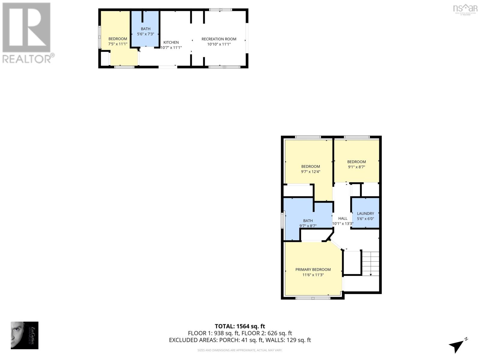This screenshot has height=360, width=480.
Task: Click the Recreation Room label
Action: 219,39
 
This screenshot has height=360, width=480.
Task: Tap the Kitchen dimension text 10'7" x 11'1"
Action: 171,48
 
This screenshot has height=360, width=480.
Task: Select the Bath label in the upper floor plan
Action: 145,29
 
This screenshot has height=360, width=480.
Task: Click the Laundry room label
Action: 365,214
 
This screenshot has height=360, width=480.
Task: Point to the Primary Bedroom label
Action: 313,269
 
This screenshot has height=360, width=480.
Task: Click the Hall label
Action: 343,218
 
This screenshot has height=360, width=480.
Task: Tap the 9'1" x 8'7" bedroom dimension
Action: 356,167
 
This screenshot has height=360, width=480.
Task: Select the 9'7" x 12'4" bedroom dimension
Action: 310,172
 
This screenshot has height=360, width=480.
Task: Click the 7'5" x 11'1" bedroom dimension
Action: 118,44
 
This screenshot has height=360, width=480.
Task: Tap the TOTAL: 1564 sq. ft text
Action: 240,326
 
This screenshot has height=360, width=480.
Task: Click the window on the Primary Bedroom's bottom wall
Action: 313,298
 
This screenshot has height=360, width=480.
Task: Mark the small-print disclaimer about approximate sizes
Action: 240,350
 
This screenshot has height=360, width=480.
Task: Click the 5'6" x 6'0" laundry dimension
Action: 365,219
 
